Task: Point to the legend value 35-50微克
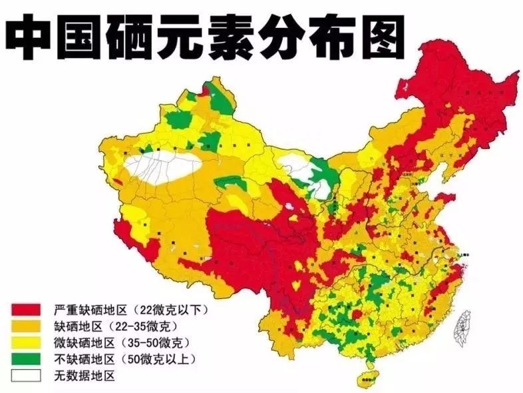pos(157,343)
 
